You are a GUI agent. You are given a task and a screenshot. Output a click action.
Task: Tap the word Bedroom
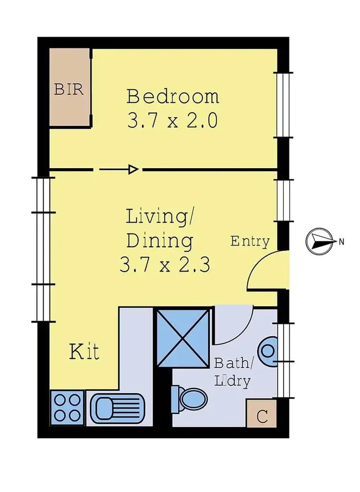pos(173,97)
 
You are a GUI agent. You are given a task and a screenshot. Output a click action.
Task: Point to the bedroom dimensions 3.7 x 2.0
pos(173,120)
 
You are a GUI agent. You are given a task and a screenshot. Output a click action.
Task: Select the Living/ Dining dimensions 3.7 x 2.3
pos(165,265)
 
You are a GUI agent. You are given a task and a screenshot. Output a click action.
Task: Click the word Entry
pos(250,241)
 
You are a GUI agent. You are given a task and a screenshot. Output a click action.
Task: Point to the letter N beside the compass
pos(341,242)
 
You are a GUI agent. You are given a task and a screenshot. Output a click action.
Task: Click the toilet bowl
pos(193,399)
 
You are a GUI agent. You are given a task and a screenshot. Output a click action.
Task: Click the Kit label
pos(84,352)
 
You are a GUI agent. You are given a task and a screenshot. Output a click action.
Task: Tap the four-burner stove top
pos(67,407)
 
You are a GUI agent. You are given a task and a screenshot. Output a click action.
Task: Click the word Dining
pos(160,240)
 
